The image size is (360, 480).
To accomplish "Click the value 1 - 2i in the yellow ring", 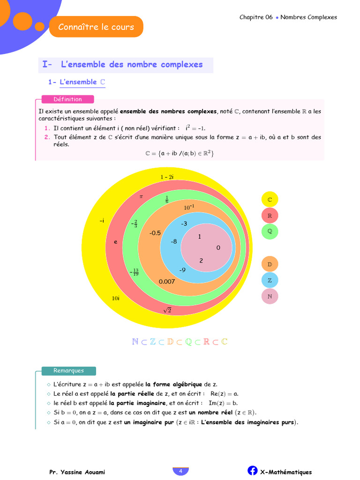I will [167, 177].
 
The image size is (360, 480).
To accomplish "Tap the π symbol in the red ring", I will [141, 196].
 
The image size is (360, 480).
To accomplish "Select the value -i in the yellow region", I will [102, 220].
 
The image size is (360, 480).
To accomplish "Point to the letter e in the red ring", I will [115, 242].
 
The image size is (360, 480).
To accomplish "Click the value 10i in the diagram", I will [115, 298].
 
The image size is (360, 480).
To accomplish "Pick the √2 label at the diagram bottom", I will [167, 310].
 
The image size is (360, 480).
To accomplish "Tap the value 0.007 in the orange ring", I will [167, 282].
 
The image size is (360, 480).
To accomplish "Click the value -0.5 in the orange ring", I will [155, 233].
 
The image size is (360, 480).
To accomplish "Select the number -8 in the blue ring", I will [173, 241].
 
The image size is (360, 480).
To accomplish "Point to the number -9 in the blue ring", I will [182, 270].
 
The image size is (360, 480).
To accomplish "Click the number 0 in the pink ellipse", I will [218, 247].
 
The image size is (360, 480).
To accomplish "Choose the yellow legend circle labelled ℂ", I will [270, 199].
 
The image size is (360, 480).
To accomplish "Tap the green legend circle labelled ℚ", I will [270, 231].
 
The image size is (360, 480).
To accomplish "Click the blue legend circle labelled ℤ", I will [270, 280].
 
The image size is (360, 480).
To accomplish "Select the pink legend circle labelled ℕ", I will [270, 296].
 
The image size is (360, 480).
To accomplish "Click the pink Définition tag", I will [67, 99].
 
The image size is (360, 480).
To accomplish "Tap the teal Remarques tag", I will [68, 371].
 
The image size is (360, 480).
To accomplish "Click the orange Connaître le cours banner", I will [96, 27].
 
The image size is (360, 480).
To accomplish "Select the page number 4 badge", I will [180, 471].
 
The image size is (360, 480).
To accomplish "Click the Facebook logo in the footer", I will [252, 471].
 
